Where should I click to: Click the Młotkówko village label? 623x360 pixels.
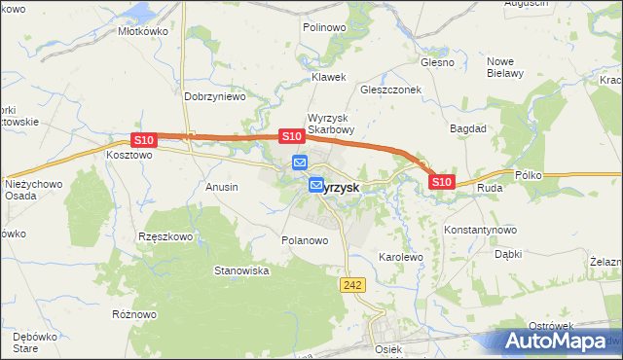pyautogui.click(x=143, y=30)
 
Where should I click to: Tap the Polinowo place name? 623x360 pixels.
pyautogui.click(x=324, y=28)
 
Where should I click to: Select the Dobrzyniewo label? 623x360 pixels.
pyautogui.click(x=214, y=97)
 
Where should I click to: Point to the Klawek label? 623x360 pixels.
pyautogui.click(x=328, y=77)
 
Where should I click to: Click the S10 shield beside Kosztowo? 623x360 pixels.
pyautogui.click(x=143, y=141)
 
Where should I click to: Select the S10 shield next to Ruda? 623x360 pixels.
pyautogui.click(x=441, y=182)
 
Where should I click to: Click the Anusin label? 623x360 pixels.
pyautogui.click(x=222, y=186)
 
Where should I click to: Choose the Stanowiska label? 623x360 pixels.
pyautogui.click(x=241, y=270)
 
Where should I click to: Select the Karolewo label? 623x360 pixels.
pyautogui.click(x=400, y=258)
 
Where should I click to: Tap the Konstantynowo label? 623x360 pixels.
pyautogui.click(x=479, y=230)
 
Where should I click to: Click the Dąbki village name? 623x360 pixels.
pyautogui.click(x=508, y=254)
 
